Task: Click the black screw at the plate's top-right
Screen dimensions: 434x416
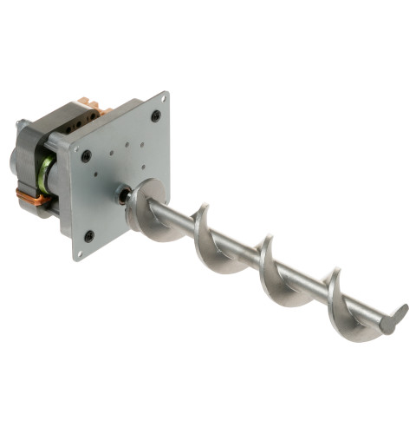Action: [x=156, y=115]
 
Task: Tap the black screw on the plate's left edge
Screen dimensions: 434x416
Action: [x=87, y=156]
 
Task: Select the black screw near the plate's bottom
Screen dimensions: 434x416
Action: [x=89, y=235]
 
